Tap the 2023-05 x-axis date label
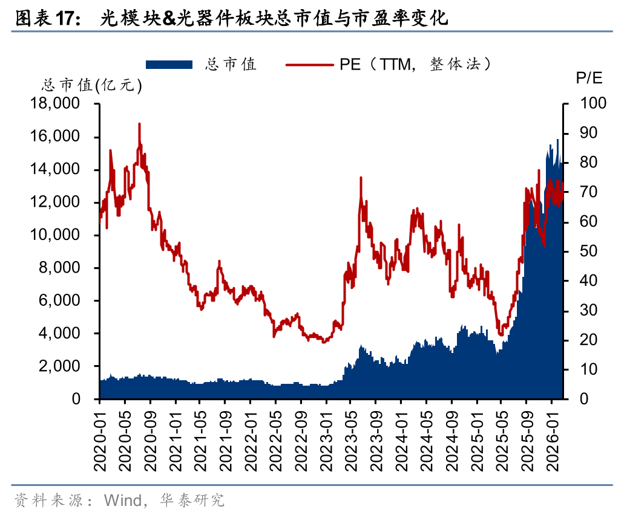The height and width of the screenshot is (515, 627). tap(350, 436)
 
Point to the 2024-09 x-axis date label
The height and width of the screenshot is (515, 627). tap(451, 436)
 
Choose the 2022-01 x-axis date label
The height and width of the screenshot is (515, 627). tap(250, 436)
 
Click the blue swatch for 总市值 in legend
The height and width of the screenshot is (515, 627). tap(169, 64)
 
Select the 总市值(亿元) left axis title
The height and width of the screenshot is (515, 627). tap(91, 86)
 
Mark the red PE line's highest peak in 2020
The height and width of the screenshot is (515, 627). tap(140, 124)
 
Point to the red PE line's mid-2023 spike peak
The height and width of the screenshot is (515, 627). tap(361, 178)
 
